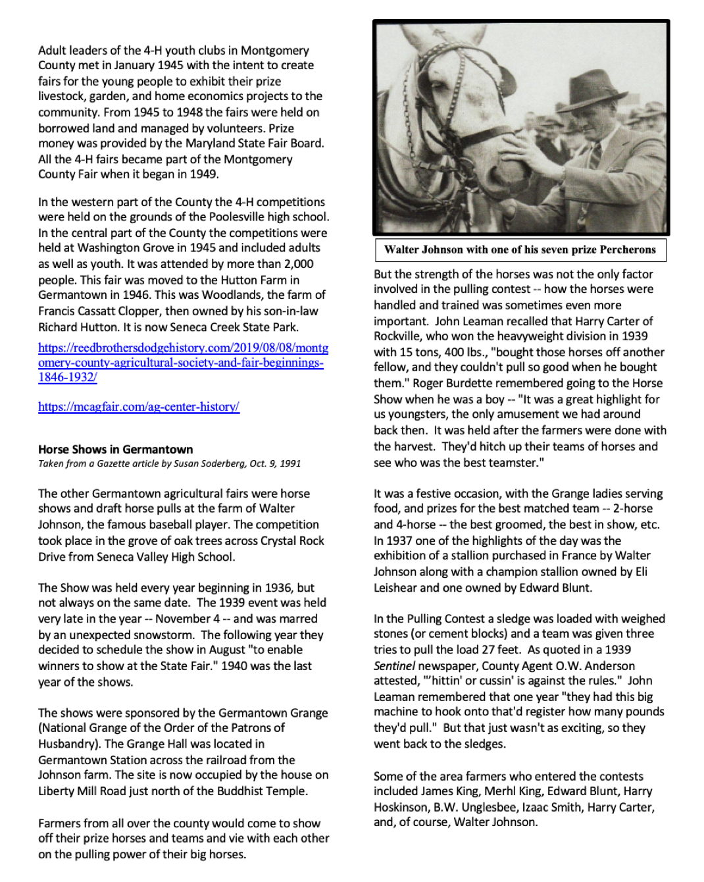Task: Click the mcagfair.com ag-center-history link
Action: pyautogui.click(x=139, y=407)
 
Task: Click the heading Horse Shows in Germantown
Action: pyautogui.click(x=116, y=450)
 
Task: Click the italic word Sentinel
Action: pyautogui.click(x=394, y=665)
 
